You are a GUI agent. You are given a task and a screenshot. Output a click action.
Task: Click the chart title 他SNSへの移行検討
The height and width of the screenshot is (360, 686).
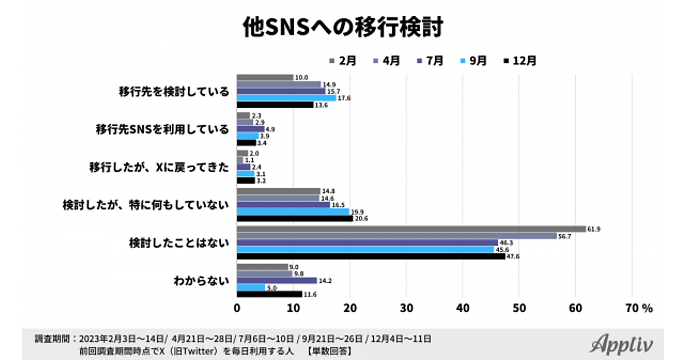(x=343, y=27)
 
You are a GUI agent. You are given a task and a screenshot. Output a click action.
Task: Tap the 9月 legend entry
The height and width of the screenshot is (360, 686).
(x=472, y=60)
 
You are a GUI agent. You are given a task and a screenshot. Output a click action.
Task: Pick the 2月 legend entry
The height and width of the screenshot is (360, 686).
(x=342, y=60)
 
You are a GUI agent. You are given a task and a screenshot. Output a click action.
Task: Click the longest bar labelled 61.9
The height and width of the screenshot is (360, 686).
(x=411, y=229)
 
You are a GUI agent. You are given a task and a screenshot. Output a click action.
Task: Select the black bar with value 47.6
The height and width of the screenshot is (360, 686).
(x=371, y=257)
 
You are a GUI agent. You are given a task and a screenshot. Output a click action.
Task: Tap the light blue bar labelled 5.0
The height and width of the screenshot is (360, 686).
(x=251, y=287)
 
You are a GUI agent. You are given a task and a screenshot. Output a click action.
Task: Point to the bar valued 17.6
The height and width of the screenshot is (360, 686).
(x=286, y=98)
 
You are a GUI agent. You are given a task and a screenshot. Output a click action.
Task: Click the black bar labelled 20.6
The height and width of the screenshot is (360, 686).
(x=295, y=218)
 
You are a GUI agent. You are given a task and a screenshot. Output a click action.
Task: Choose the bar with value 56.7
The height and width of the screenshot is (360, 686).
(x=397, y=236)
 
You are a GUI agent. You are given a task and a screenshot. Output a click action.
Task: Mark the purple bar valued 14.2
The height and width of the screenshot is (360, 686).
(x=277, y=281)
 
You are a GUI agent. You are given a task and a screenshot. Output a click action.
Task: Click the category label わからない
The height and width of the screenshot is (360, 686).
(x=201, y=281)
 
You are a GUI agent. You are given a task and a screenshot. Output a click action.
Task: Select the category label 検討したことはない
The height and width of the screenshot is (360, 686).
(x=179, y=243)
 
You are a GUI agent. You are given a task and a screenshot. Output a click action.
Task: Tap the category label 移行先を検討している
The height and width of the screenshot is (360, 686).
(x=174, y=91)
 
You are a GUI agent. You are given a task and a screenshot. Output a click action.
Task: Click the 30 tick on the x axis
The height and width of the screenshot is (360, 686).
(x=406, y=307)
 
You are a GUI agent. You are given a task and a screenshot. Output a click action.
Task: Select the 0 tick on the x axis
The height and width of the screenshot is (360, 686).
(x=237, y=307)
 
